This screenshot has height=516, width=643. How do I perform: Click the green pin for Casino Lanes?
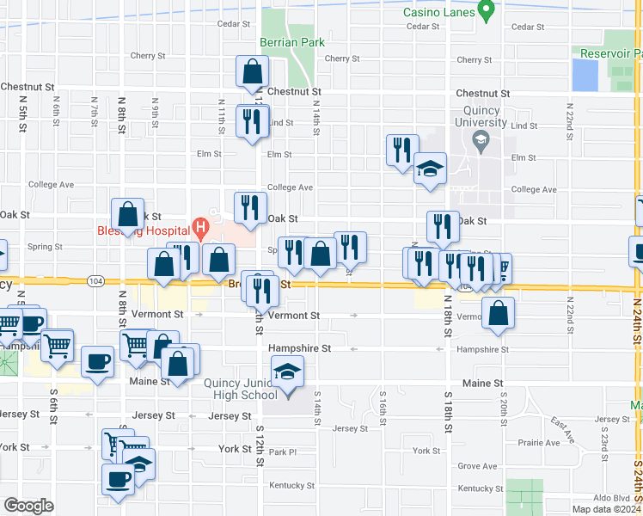486,13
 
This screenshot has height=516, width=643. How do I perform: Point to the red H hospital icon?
200,228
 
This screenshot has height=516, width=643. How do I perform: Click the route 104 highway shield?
95,281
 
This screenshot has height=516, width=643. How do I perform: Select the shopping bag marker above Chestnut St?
253,71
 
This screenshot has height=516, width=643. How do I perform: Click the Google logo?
28,506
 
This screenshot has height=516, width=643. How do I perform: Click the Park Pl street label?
281,451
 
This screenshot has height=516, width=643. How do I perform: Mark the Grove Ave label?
477,466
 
